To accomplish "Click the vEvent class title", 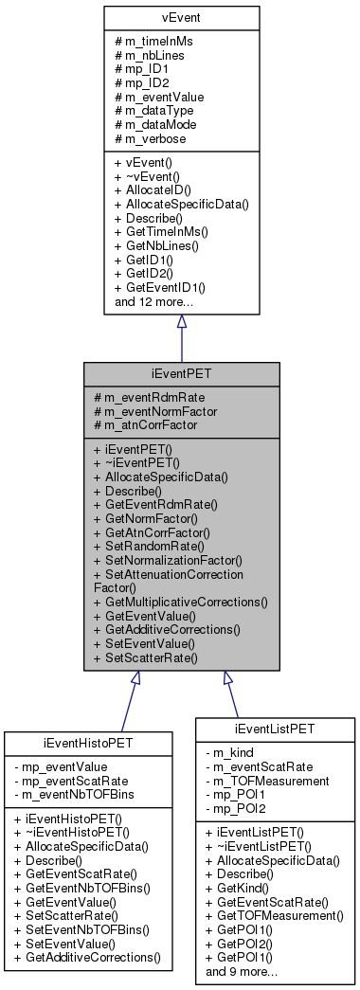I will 181,17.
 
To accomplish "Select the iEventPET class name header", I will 181,374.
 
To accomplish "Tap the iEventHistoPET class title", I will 86,742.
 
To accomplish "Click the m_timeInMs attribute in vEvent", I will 157,41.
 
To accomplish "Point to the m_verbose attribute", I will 155,138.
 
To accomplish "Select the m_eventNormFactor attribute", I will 155,411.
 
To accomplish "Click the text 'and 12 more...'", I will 153,301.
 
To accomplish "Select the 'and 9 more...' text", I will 243,972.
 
